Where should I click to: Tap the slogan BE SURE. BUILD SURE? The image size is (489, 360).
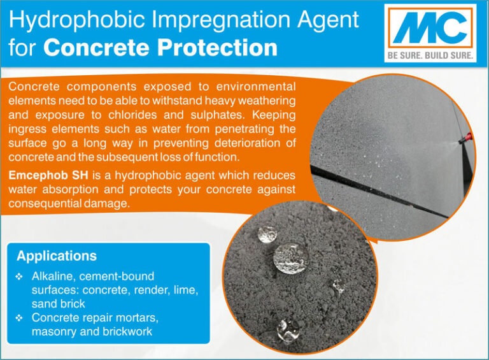click(x=430, y=55)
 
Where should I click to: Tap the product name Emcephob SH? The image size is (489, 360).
click(x=48, y=175)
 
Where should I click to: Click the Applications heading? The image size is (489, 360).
click(x=57, y=256)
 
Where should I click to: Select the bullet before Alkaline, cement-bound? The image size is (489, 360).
click(x=19, y=277)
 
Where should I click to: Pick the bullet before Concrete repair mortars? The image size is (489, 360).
click(x=19, y=318)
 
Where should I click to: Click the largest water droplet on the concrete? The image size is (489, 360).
click(x=291, y=258)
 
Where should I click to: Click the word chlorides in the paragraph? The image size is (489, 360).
click(x=132, y=115)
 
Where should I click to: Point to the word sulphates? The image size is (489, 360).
click(x=218, y=115)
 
